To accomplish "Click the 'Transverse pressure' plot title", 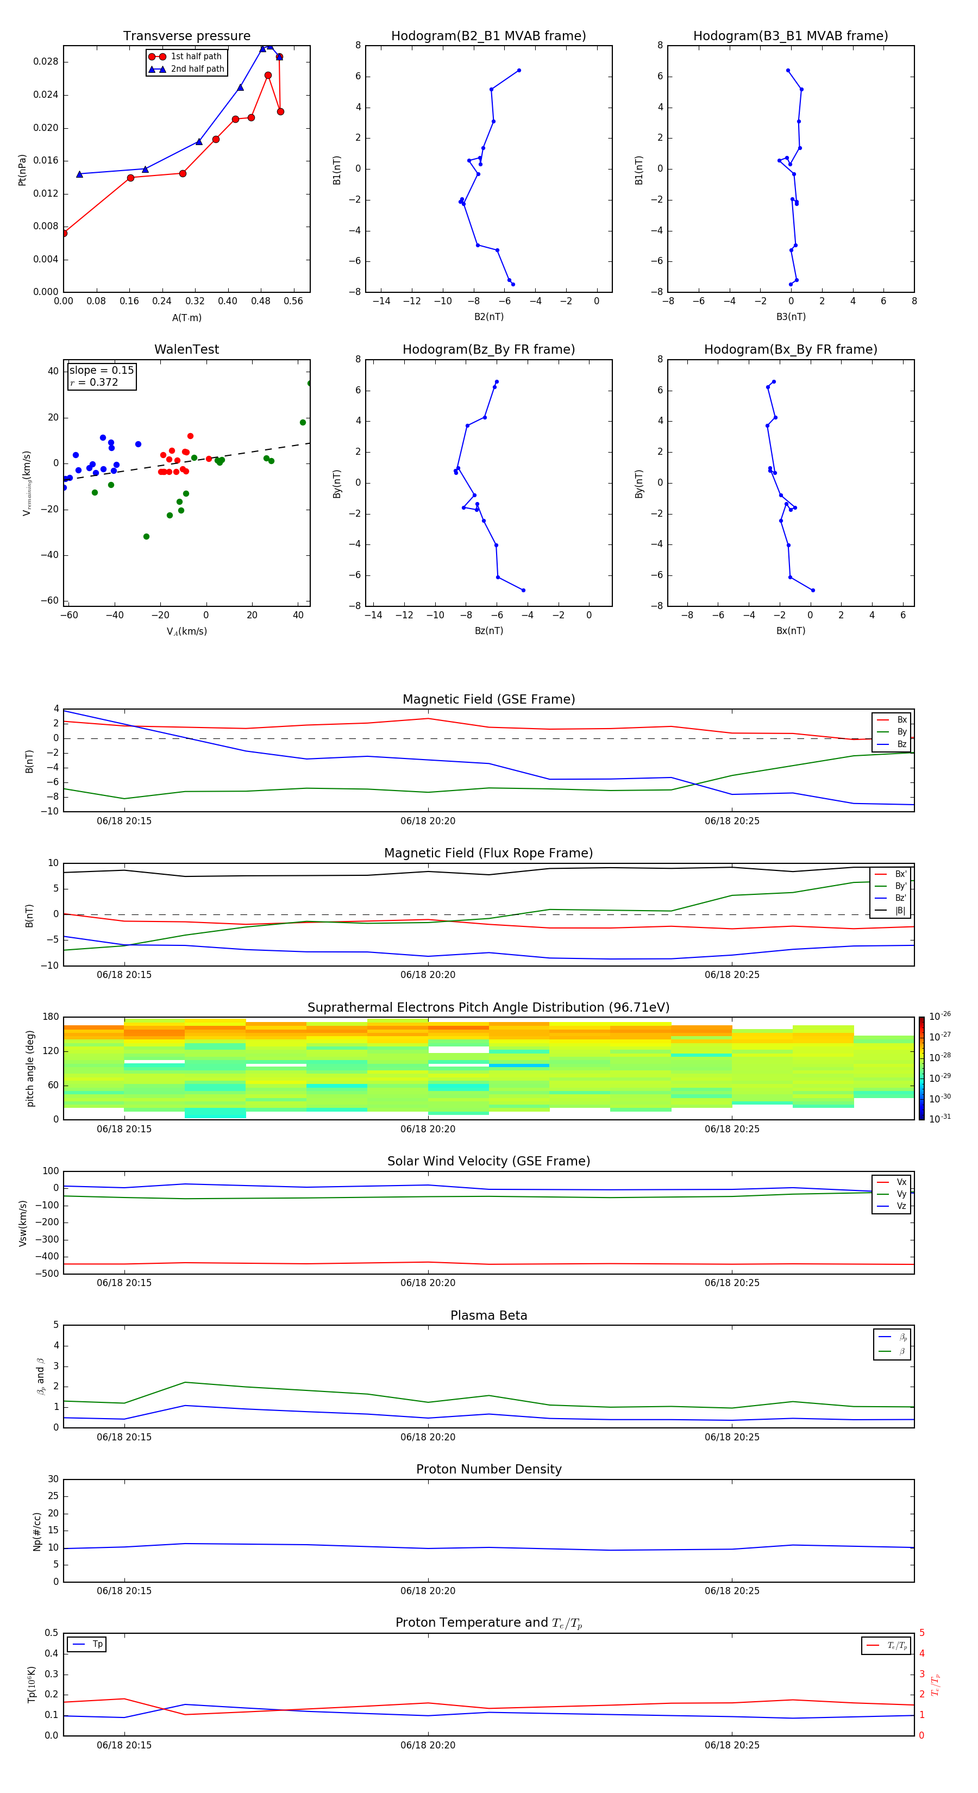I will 186,36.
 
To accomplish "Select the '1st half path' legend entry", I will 196,57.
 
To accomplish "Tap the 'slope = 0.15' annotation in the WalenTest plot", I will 101,371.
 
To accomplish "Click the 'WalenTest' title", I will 186,349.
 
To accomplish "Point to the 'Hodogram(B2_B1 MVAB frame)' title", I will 488,36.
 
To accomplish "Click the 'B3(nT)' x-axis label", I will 791,317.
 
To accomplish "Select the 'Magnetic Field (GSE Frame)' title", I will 488,699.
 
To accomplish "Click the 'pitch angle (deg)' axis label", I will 30,1068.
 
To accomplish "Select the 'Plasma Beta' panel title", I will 488,1315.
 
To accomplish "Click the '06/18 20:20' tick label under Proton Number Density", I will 428,1590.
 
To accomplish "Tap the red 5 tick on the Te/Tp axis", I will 921,1633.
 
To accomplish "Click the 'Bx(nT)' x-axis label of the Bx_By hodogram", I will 790,631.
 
